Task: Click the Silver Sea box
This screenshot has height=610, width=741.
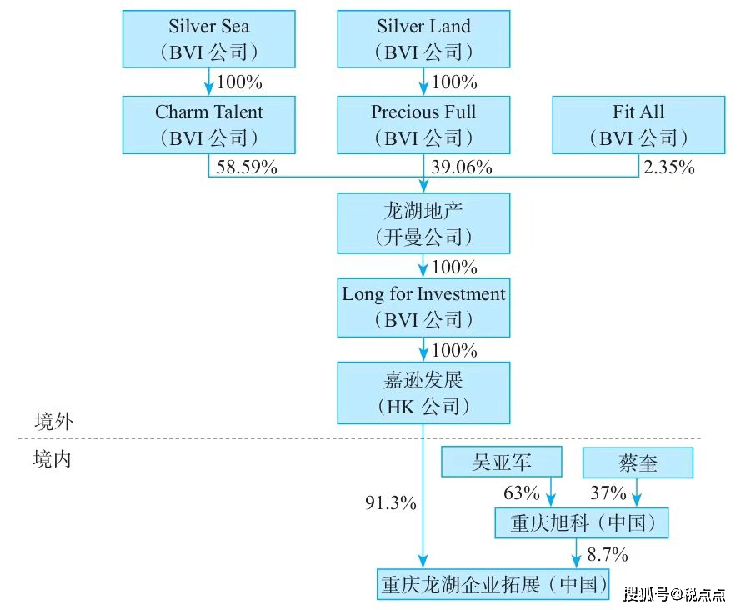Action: pos(208,38)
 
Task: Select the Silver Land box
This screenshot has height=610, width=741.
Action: pos(423,38)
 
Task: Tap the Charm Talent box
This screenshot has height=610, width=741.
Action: pos(208,124)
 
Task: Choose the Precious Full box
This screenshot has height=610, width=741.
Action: pos(423,124)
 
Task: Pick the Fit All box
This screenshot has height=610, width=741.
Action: pos(638,124)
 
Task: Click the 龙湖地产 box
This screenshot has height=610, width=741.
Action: pos(423,223)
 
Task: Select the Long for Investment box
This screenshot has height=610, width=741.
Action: pos(423,306)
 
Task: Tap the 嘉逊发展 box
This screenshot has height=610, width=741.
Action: pos(423,392)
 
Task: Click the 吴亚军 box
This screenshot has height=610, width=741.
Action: pos(502,462)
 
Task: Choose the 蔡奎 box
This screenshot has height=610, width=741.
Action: pos(638,462)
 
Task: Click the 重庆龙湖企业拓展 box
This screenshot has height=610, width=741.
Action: pos(493,583)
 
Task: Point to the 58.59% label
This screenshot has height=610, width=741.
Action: pos(247,167)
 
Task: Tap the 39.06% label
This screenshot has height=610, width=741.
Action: pos(462,167)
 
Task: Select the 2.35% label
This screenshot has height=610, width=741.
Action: pos(668,167)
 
